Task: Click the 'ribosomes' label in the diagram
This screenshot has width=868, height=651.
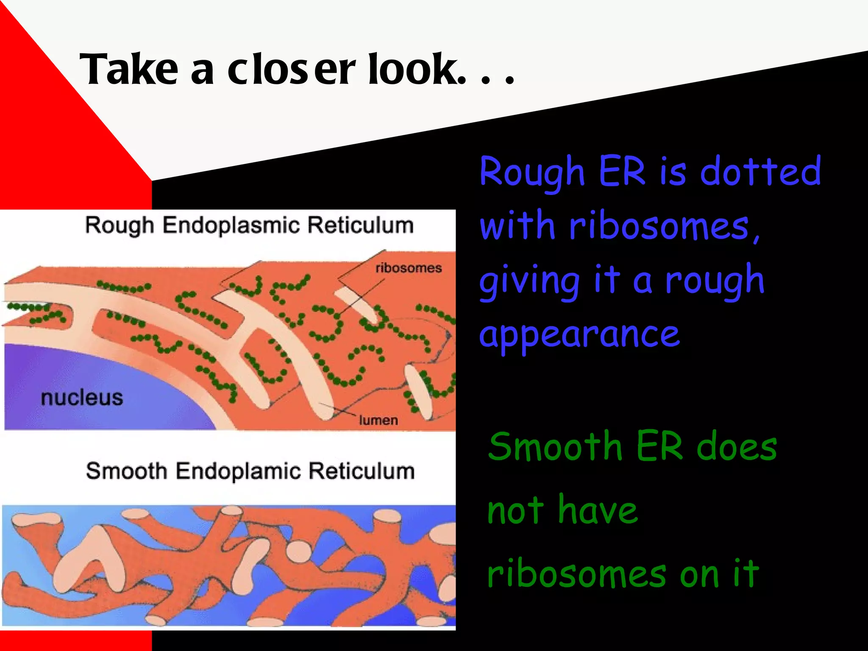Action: pyautogui.click(x=409, y=268)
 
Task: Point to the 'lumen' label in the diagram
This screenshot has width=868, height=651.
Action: pyautogui.click(x=378, y=420)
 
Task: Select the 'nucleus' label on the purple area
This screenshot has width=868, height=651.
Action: pyautogui.click(x=82, y=398)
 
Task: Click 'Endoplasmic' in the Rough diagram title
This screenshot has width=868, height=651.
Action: pyautogui.click(x=231, y=225)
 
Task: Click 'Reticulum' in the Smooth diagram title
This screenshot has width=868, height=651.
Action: pyautogui.click(x=361, y=471)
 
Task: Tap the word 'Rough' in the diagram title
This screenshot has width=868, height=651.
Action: pyautogui.click(x=119, y=225)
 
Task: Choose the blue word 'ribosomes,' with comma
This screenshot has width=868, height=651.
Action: pyautogui.click(x=664, y=227)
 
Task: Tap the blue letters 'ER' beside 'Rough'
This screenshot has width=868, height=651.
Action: pyautogui.click(x=622, y=171)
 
